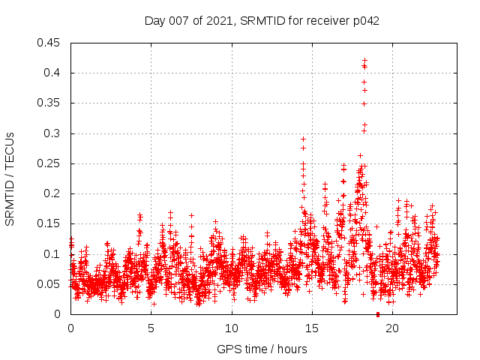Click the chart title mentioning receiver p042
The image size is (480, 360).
[x=262, y=21]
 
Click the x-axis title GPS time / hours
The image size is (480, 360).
[x=262, y=349]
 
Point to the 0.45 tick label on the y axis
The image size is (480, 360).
[x=50, y=43]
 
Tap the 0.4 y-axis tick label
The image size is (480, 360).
[x=53, y=73]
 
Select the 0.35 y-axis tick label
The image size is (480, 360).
[x=50, y=103]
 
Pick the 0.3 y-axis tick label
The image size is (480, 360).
[x=53, y=133]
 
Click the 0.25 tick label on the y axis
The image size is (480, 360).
[x=50, y=163]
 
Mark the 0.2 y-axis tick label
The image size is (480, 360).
[x=53, y=193]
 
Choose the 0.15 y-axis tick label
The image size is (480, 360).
[x=50, y=223]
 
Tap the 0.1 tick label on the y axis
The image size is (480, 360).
[x=53, y=254]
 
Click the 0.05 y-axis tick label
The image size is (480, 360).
[x=50, y=284]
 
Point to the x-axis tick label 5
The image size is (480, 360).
[x=151, y=328]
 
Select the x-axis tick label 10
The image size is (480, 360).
[x=232, y=328]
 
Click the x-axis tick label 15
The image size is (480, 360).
[x=312, y=328]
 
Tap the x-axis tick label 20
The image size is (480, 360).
[x=392, y=328]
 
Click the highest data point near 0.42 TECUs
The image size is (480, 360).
[x=364, y=60]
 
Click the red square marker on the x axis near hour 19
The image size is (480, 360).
[x=377, y=314]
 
